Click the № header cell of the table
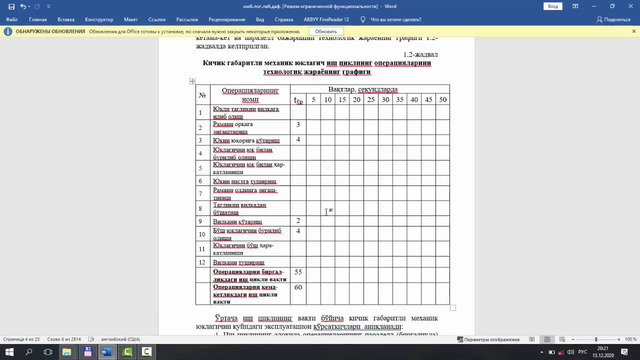(x=202, y=95)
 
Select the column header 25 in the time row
(x=371, y=101)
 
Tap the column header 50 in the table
(x=444, y=101)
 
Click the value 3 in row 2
(x=299, y=124)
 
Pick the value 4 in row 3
(x=299, y=138)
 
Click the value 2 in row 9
(x=299, y=219)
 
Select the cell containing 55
(x=299, y=272)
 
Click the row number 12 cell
(x=202, y=262)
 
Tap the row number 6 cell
(x=202, y=179)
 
